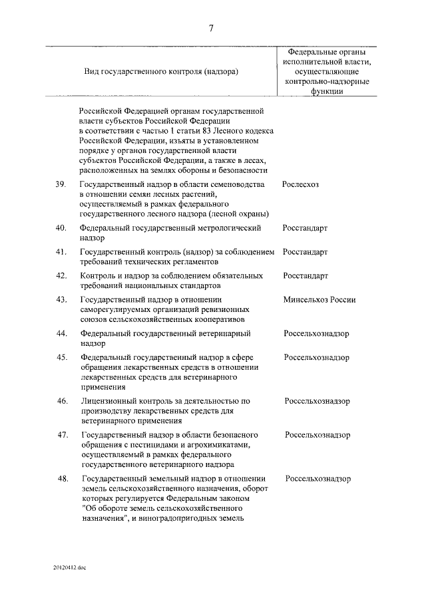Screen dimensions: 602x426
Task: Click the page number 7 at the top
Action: click(211, 28)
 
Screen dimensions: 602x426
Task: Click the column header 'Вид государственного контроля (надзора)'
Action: click(162, 70)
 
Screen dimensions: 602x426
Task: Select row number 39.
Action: click(61, 184)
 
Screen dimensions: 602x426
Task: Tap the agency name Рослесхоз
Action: click(300, 184)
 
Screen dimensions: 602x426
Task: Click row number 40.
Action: click(61, 227)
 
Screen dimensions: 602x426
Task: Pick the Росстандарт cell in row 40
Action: click(305, 227)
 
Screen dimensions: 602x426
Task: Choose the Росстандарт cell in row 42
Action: click(305, 275)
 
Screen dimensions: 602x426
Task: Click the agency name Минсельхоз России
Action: click(319, 299)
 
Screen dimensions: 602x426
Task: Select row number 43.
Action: click(61, 299)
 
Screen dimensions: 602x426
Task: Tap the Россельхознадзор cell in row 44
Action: click(317, 333)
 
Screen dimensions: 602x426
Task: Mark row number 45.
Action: click(61, 357)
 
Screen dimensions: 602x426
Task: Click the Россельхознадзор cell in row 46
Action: click(318, 401)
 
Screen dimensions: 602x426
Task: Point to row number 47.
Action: click(61, 435)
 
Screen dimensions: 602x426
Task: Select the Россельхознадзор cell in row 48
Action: click(318, 478)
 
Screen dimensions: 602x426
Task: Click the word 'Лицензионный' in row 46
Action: click(109, 401)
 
